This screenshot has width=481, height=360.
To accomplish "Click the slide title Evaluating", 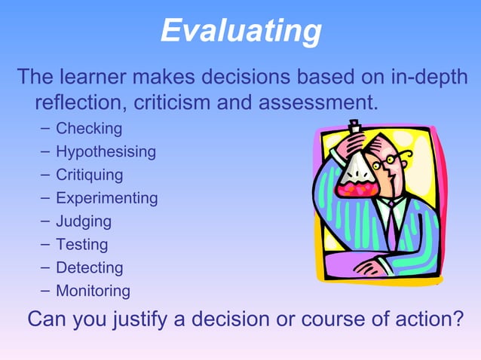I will point(240,32).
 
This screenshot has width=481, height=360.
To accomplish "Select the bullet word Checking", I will point(88,129).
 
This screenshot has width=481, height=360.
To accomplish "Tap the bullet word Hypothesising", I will point(106,152).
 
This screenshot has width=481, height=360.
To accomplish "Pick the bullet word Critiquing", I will point(89,175).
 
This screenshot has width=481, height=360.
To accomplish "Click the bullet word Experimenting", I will point(106,199).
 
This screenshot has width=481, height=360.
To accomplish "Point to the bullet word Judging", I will point(83,222).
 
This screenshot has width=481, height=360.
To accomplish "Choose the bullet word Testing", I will point(81,245).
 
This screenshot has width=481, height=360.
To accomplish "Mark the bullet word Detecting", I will point(89,268).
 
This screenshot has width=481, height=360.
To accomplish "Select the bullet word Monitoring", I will point(93,291).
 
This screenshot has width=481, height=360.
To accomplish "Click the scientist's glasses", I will point(393,160).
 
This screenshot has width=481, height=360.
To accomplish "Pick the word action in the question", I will point(417,320).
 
